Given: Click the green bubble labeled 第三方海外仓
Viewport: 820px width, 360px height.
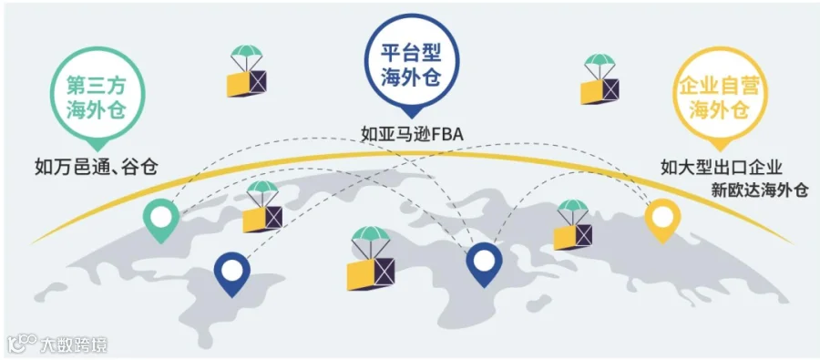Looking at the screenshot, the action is point(97,98).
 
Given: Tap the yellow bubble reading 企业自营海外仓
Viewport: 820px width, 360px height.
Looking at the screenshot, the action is point(719,98).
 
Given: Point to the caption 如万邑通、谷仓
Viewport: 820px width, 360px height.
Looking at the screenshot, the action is point(97,168).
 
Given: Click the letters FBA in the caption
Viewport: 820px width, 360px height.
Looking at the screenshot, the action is point(447,135).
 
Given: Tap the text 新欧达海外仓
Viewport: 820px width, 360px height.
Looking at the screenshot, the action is point(760,190).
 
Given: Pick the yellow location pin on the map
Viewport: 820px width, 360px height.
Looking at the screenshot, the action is point(662,221).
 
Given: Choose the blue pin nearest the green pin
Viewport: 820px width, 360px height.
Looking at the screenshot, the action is point(232,273).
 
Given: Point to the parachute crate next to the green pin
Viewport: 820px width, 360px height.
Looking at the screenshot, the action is point(262,206).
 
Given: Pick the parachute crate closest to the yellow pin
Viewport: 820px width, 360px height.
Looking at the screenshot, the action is point(573,224).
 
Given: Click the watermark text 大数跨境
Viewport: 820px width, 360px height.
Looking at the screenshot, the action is point(74,345).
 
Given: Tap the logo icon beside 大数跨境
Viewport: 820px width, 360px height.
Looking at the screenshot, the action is point(22,344).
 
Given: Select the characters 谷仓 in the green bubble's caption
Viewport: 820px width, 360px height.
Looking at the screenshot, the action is point(141,168).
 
